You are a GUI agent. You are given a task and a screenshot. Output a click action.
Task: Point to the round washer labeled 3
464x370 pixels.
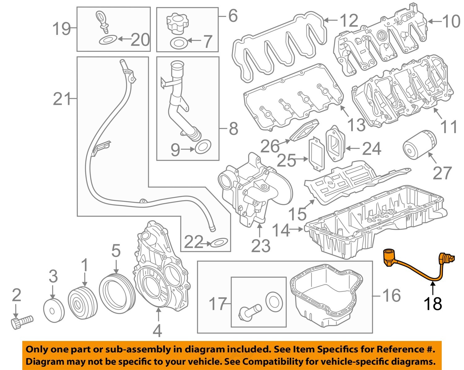coord(54,310)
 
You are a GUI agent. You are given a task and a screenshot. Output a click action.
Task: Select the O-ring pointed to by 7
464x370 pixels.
coord(178,43)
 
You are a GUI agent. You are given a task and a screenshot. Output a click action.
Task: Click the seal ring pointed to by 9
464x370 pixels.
coord(203,147)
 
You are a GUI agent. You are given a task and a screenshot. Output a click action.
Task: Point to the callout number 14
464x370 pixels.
coord(281,230)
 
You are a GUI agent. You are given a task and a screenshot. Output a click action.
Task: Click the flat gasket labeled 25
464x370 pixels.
coord(317,154)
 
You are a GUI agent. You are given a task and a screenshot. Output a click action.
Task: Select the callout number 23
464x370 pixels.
coord(260,246)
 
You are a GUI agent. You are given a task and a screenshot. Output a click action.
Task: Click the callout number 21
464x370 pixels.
coord(62,99)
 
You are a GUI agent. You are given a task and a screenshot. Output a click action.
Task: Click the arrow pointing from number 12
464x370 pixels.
coord(331,21)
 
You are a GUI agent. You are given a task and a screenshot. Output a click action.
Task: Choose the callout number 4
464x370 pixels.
coord(157,331)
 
